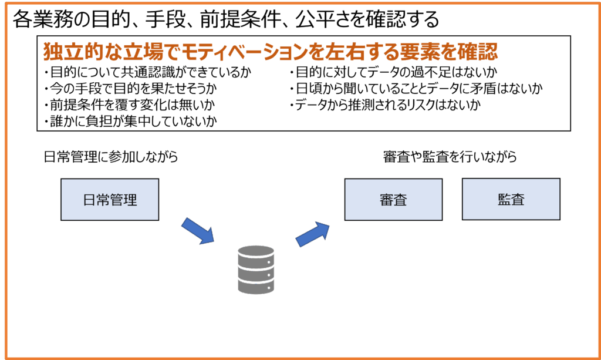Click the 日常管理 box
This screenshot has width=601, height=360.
pos(110,200)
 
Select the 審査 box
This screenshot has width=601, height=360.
pos(393,200)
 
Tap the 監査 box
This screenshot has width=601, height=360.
pos(511,199)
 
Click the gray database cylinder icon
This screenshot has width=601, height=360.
pos(256,270)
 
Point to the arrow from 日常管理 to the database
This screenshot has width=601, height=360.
pos(198,231)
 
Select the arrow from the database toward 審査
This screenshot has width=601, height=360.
pos(313,233)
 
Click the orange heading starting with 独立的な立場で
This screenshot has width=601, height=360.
pos(271,52)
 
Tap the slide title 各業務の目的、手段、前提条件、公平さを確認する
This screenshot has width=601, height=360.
pos(226,20)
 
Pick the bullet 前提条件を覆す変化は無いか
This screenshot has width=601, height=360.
pos(129,106)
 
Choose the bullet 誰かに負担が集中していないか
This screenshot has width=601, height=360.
pos(130,122)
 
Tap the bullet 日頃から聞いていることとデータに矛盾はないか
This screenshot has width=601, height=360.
pos(416,89)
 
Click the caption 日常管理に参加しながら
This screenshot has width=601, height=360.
pos(111,157)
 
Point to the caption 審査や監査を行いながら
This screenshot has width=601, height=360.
pos(450,157)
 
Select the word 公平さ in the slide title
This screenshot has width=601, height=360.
pos(322,20)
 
